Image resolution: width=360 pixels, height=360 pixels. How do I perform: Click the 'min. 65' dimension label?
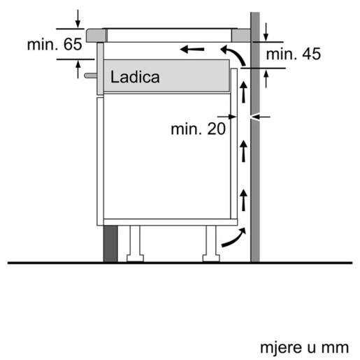pyautogui.click(x=54, y=45)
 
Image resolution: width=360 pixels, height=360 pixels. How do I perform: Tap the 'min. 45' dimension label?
pyautogui.click(x=293, y=55)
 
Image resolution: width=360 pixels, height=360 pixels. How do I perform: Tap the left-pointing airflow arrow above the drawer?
pyautogui.click(x=193, y=50)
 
